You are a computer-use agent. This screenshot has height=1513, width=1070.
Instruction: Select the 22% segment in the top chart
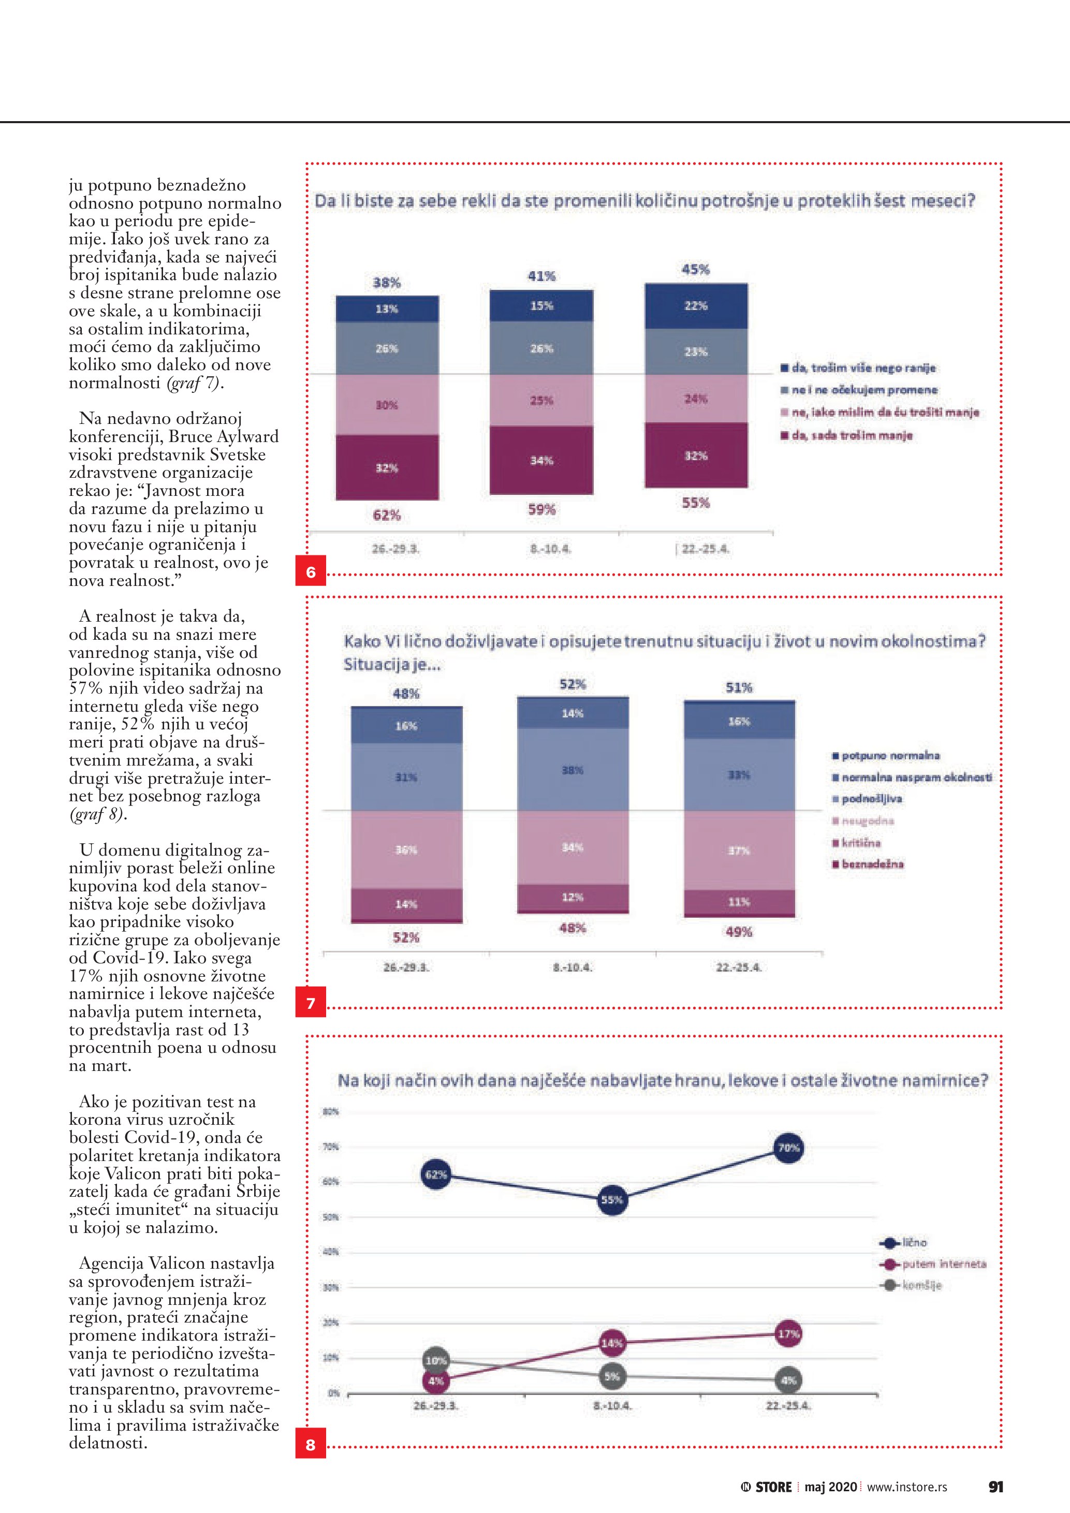[x=696, y=306]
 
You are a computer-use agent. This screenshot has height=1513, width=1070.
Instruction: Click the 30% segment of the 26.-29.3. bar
[x=387, y=405]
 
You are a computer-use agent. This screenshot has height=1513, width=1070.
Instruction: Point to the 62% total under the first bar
[x=387, y=516]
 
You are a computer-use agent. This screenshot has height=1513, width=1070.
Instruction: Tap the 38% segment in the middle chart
[x=573, y=770]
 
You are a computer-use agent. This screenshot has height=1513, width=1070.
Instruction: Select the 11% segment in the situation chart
[x=739, y=902]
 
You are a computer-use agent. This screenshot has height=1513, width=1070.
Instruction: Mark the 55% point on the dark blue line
[x=612, y=1200]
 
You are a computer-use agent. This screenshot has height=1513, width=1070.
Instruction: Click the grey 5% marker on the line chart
[x=612, y=1376]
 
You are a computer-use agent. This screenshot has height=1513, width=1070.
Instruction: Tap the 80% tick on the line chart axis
[x=330, y=1112]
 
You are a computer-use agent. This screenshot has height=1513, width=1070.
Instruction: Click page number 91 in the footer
[x=995, y=1486]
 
